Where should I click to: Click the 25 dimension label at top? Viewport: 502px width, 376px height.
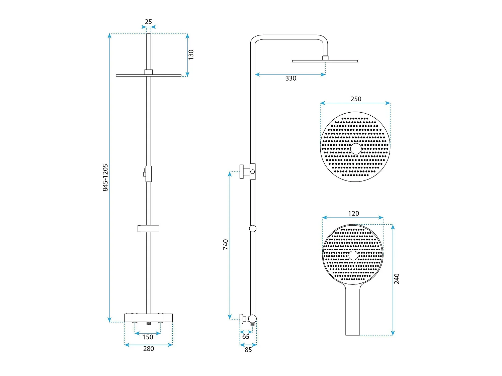148,22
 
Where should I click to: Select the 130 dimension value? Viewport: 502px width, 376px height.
191,55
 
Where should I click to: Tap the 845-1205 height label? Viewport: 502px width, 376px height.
105,177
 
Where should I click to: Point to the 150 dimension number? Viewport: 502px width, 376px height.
148,337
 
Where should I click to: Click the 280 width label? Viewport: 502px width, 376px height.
149,349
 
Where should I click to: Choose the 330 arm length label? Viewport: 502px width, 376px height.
291,78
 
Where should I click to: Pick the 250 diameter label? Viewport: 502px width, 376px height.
356,99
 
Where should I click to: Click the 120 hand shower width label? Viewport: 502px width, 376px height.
353,214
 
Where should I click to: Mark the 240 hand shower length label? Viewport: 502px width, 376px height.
397,279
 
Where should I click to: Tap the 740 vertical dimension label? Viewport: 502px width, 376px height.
226,244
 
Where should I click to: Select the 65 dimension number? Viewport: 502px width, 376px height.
246,337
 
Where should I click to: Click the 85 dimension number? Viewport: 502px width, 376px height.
248,350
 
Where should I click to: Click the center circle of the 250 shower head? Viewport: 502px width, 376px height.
356,149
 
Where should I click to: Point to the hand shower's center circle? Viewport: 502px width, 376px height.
353,255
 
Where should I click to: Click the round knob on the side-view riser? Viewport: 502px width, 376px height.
253,229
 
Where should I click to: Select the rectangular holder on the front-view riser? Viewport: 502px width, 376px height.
149,229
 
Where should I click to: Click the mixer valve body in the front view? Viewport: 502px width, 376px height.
149,318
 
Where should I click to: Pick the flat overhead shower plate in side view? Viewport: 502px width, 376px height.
325,61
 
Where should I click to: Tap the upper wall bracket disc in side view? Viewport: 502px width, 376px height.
242,172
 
